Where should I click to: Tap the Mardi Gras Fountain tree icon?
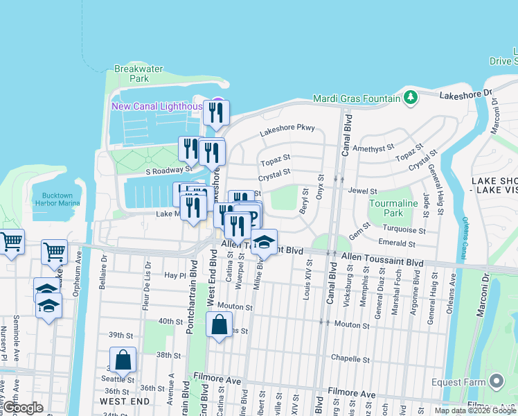point(410,97)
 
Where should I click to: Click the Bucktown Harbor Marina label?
point(57,201)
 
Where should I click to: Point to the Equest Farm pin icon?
point(495,380)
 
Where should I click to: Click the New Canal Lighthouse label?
point(158,106)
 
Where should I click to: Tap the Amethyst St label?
point(373,148)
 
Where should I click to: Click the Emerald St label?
point(397,243)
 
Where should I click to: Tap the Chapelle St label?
point(351,359)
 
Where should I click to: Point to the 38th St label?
point(168,354)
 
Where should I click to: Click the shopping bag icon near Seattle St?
point(123,361)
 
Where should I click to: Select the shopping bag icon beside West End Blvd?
point(219,324)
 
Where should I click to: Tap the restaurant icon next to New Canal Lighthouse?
point(217,112)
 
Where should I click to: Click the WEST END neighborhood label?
point(125,401)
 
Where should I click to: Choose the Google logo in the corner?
point(22,408)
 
